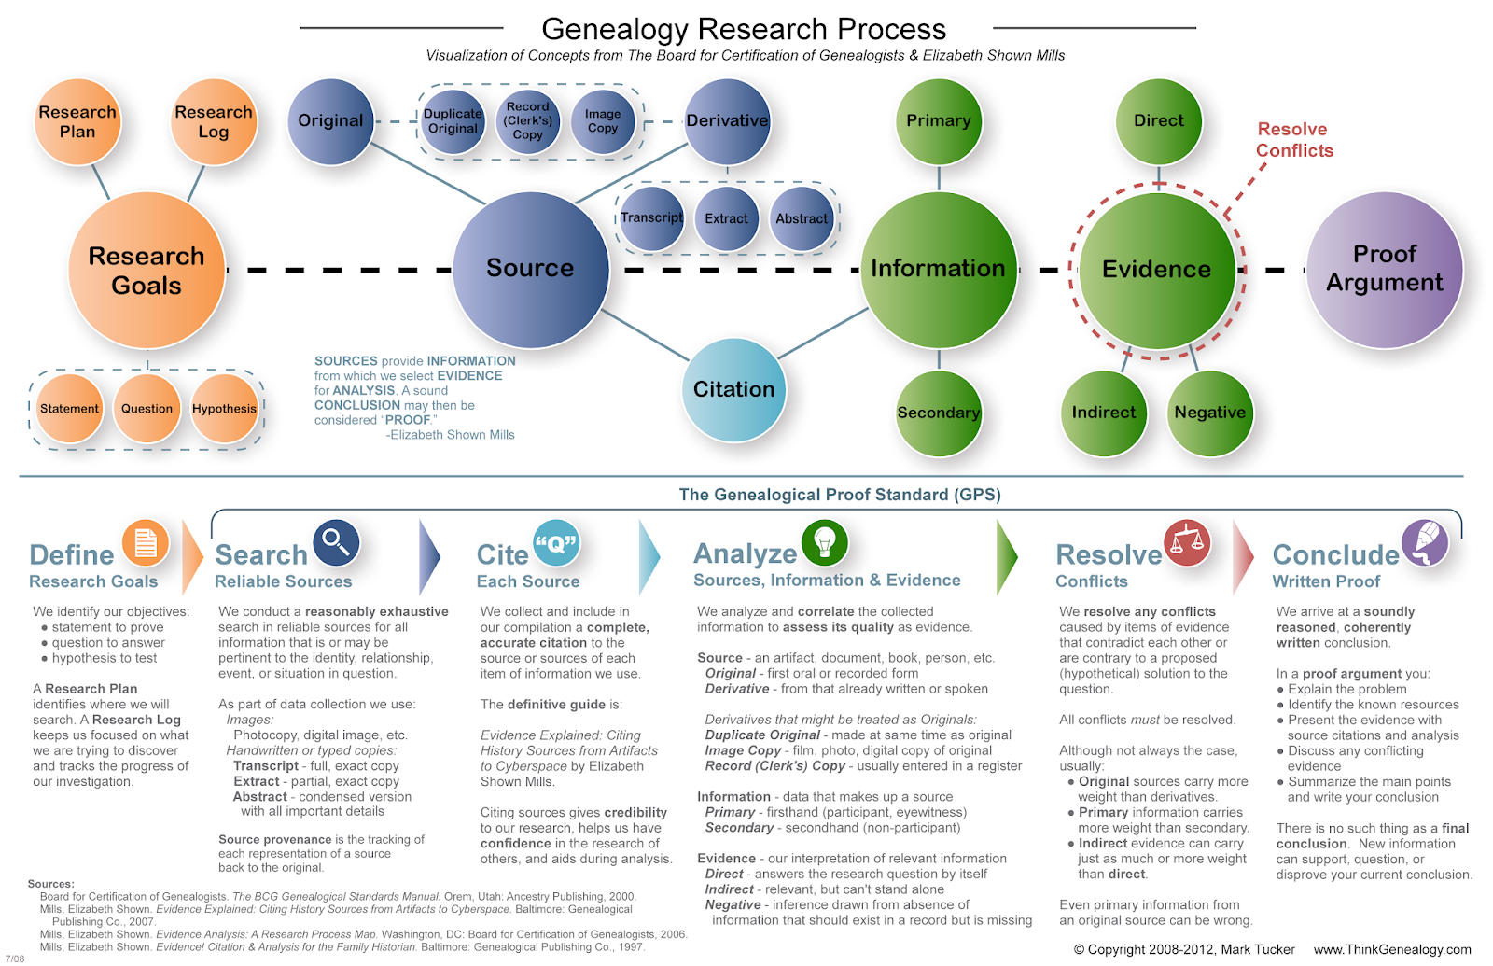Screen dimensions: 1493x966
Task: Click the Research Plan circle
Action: coord(78,122)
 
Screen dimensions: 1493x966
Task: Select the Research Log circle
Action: coord(214,122)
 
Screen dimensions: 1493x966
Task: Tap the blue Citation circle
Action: coord(733,390)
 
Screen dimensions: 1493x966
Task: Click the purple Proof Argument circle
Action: coord(1385,270)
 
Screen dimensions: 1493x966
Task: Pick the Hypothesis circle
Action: coord(224,409)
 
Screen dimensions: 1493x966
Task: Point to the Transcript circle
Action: coord(651,218)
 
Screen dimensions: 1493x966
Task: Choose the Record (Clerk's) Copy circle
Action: coord(528,121)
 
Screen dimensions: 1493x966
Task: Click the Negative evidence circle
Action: coord(1209,413)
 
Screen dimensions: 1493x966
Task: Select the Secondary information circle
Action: coord(939,413)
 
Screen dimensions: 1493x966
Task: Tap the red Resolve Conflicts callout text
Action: coord(1294,140)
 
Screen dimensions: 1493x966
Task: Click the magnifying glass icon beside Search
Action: coord(336,542)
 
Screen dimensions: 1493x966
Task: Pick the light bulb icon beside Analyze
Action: coord(825,542)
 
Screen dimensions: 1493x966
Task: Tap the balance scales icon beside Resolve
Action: coord(1187,542)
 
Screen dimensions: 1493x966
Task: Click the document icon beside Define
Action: coord(146,542)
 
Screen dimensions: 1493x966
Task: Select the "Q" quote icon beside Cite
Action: coord(556,542)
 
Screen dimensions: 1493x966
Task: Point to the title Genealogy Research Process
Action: coord(744,29)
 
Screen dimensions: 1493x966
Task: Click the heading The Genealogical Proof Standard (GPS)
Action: coord(840,495)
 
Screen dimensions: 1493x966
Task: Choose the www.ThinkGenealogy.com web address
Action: coord(1392,949)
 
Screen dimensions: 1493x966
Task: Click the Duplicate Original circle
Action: coord(453,121)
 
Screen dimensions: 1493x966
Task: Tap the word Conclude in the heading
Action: coord(1335,554)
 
